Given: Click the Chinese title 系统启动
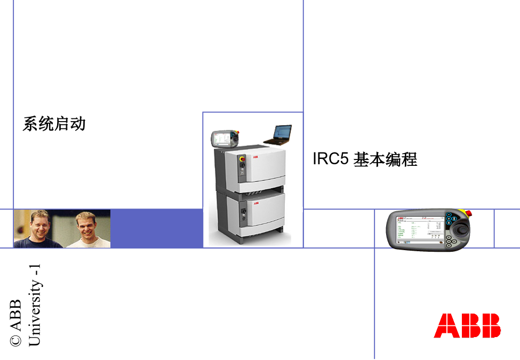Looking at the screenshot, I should [x=54, y=124].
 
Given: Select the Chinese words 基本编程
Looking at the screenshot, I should [x=386, y=159].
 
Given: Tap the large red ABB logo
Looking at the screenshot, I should [x=467, y=325].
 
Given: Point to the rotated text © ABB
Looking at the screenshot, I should [x=15, y=322].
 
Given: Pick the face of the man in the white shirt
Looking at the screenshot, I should [x=85, y=225].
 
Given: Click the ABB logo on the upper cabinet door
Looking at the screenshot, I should [x=256, y=158].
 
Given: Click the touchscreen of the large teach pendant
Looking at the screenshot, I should [x=420, y=230].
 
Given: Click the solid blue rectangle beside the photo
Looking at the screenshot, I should [x=156, y=228].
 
